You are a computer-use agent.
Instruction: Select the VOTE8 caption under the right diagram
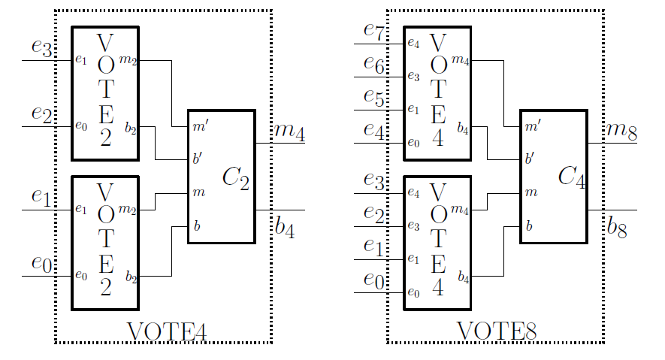[x=497, y=331]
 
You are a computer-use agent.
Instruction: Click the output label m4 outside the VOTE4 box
[x=289, y=132]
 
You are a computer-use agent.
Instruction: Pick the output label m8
[x=622, y=132]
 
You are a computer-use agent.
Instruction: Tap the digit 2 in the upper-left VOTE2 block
[x=105, y=139]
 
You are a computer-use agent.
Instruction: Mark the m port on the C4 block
[x=532, y=193]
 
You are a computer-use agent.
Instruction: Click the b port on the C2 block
[x=198, y=225]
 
